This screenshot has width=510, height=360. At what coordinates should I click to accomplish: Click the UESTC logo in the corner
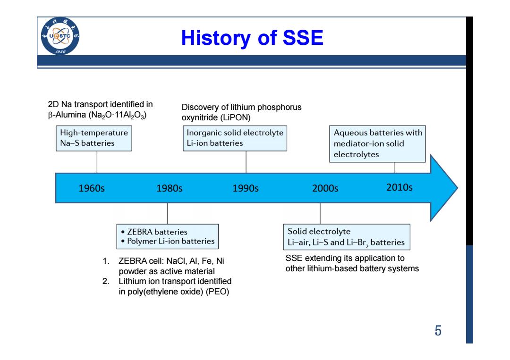point(60,36)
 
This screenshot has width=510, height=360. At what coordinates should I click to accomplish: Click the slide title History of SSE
point(252,38)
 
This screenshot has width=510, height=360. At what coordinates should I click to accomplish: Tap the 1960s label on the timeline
point(92,188)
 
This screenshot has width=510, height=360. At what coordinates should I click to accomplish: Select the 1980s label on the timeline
point(170,188)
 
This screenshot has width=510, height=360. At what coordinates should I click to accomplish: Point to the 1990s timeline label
point(246,188)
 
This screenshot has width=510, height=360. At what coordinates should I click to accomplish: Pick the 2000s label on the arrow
point(325,188)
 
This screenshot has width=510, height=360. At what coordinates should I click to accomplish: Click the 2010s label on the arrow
point(399,187)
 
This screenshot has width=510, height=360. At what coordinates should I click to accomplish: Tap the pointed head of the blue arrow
point(458,188)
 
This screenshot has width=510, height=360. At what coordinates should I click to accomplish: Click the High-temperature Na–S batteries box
point(94,138)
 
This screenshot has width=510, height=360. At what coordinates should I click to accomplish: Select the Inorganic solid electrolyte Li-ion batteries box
point(235,138)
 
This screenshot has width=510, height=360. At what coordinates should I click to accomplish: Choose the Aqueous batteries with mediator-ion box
point(377,143)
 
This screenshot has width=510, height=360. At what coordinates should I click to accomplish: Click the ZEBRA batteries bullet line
point(154,232)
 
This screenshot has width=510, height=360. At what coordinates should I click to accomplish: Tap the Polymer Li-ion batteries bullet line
point(168,241)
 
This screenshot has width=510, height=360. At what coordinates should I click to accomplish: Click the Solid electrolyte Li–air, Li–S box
point(347,237)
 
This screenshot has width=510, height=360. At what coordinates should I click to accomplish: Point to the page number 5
point(438,330)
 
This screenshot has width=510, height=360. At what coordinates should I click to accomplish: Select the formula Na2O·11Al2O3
point(118,115)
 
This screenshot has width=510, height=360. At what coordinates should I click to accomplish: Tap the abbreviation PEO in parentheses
point(218,292)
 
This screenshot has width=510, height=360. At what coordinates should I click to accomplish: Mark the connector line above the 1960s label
point(97,162)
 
